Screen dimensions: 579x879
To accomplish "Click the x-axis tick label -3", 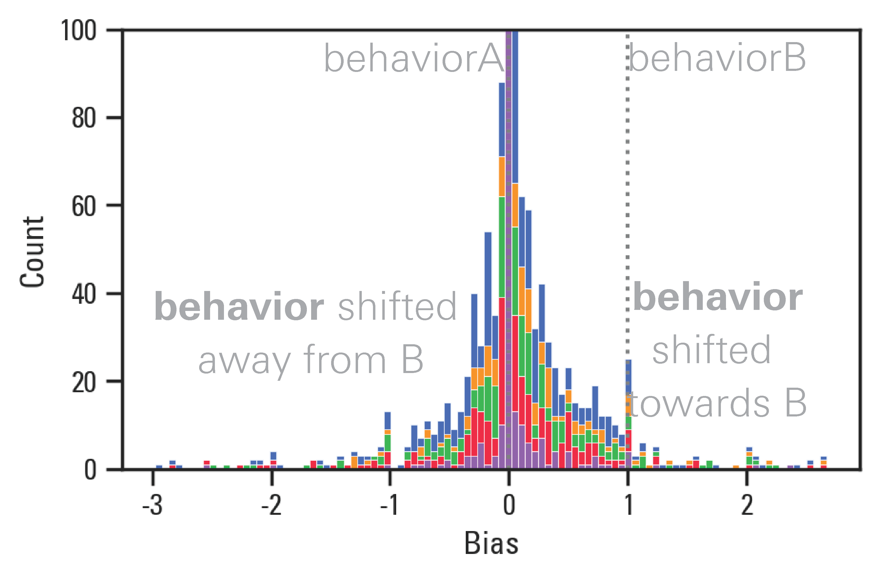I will pos(152,505).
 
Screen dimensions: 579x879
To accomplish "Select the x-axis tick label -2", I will pos(271,505).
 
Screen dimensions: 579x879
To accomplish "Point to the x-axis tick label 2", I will pos(747,505).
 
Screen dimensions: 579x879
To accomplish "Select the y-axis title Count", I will pos(33,252).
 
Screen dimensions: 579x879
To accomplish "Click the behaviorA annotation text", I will pos(414,58).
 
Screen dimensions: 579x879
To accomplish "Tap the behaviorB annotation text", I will pos(717,58).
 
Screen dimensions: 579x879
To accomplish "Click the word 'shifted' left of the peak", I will pos(397,306).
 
